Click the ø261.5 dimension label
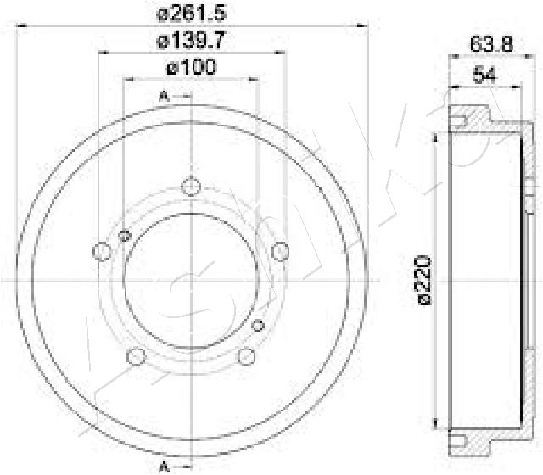tap(192, 14)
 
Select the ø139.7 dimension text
tap(192, 41)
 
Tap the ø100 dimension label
tap(192, 67)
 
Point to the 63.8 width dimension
tap(491, 44)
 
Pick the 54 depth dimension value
tap(484, 75)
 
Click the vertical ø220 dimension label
tap(424, 281)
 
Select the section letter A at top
tap(164, 96)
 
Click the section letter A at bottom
tap(164, 467)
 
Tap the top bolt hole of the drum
tap(191, 187)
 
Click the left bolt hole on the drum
tap(102, 251)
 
